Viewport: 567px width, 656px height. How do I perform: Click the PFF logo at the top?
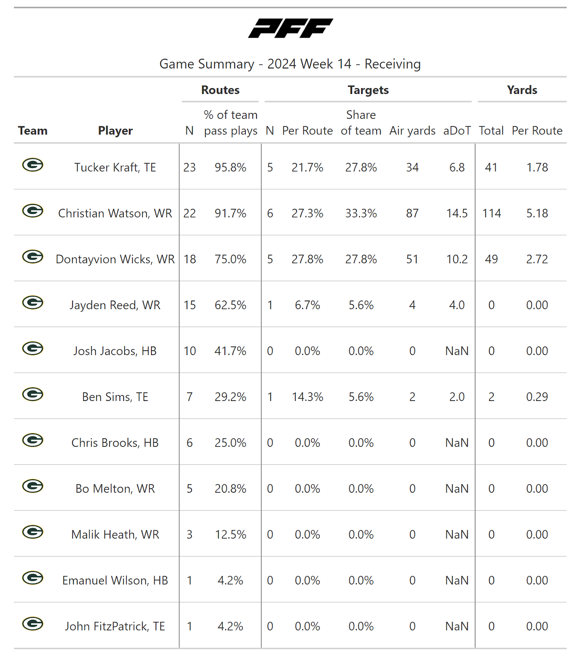(290, 28)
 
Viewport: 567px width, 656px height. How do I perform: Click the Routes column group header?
(220, 90)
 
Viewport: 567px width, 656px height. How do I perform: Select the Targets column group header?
(368, 90)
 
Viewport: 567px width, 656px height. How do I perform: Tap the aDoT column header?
(457, 131)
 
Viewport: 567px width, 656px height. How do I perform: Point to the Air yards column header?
(412, 131)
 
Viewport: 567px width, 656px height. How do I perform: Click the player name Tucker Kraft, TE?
(115, 167)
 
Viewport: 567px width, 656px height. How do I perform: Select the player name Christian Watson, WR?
(115, 213)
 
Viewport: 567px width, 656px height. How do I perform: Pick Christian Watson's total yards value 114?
(492, 213)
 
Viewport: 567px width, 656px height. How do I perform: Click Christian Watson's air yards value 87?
(412, 213)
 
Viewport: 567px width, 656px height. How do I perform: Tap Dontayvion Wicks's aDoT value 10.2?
(457, 259)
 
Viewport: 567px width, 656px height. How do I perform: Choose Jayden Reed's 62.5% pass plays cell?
(230, 305)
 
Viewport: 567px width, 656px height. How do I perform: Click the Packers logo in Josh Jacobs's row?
(33, 348)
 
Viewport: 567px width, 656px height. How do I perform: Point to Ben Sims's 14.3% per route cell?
(307, 397)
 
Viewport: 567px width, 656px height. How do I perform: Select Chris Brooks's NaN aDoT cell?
(457, 443)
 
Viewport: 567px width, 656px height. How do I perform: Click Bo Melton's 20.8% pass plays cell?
(230, 489)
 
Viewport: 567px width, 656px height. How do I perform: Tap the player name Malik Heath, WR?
(115, 535)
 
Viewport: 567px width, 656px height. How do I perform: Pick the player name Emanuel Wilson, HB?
(115, 581)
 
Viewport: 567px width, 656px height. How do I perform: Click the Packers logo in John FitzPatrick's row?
(33, 624)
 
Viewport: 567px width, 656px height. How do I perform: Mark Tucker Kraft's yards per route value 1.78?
(537, 167)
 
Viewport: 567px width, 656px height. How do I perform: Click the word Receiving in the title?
(393, 64)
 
